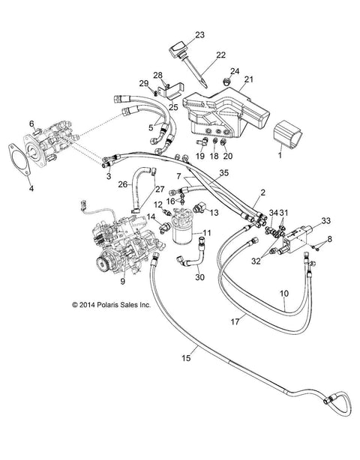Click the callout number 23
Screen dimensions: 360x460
tap(199, 35)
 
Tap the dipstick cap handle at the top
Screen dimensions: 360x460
tap(178, 49)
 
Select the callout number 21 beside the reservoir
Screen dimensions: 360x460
tap(248, 79)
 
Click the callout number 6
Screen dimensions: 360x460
tap(31, 124)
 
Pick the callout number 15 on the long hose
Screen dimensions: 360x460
tap(186, 358)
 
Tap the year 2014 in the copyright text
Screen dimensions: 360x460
tap(86, 305)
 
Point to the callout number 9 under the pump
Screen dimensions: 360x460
tap(122, 281)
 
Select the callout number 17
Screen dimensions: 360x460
tap(235, 321)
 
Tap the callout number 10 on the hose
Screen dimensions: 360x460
tap(284, 293)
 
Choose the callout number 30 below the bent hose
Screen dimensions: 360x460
tap(199, 277)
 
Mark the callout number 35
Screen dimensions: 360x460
tap(223, 173)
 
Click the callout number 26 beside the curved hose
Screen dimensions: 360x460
tap(123, 184)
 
